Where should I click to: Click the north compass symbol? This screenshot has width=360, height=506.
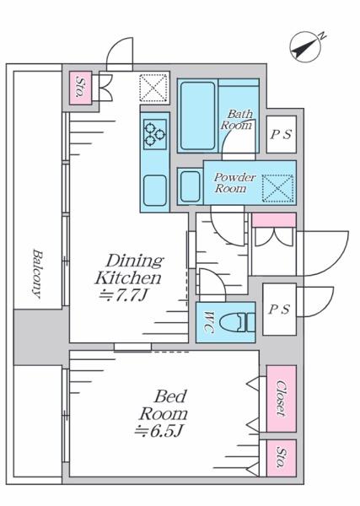point(305,46)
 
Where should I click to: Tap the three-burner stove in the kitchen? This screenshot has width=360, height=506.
point(155,134)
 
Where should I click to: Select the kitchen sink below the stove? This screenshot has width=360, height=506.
point(155,191)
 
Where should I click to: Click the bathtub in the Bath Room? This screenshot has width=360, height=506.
point(198,116)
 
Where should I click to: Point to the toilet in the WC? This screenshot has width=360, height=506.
point(237,322)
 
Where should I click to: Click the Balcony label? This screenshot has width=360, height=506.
point(38,273)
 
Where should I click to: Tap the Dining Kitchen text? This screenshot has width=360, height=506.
point(129,269)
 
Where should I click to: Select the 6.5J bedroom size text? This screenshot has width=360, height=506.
point(159,431)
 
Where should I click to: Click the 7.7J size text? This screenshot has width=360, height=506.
point(123,295)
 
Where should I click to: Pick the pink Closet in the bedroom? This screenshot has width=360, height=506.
point(282,399)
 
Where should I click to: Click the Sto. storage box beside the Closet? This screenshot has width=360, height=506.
point(282,458)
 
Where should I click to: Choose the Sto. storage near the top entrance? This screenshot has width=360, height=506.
point(81,88)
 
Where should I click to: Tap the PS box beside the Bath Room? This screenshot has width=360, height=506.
point(282,134)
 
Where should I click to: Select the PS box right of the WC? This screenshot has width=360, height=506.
point(279,310)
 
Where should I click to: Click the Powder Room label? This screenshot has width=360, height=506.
point(235,183)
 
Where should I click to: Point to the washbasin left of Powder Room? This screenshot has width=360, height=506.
point(191,186)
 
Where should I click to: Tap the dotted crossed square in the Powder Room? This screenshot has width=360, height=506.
point(277,188)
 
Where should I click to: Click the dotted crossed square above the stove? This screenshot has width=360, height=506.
point(154,88)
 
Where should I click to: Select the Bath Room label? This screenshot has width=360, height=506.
point(236,120)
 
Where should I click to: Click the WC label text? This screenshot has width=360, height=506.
point(210,322)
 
